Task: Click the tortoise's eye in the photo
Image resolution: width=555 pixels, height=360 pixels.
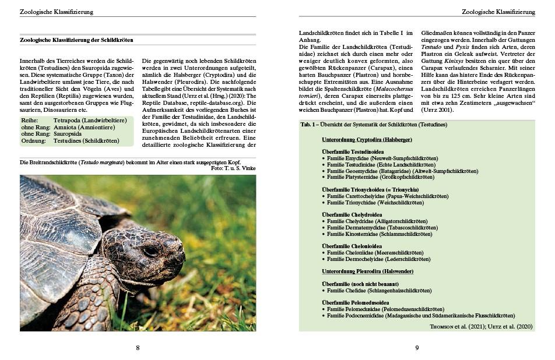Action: click(x=150, y=251)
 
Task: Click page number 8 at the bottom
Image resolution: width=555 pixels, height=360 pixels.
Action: click(x=138, y=348)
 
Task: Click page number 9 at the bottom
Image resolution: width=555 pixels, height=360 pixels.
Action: click(x=417, y=348)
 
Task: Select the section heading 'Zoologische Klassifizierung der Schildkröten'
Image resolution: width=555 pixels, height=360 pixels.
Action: click(x=76, y=40)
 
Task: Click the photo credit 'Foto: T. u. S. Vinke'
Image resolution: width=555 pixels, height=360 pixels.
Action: click(x=233, y=168)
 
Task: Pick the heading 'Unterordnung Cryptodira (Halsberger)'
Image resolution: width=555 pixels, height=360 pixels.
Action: click(x=367, y=140)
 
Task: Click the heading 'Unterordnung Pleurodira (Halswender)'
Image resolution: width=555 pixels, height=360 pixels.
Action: click(x=367, y=271)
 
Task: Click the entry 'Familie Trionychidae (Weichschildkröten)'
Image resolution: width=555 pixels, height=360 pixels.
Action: click(x=375, y=203)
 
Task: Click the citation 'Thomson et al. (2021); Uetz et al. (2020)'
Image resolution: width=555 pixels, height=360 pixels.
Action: click(x=481, y=327)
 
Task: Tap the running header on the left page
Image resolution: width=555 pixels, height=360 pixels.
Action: click(x=56, y=12)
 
